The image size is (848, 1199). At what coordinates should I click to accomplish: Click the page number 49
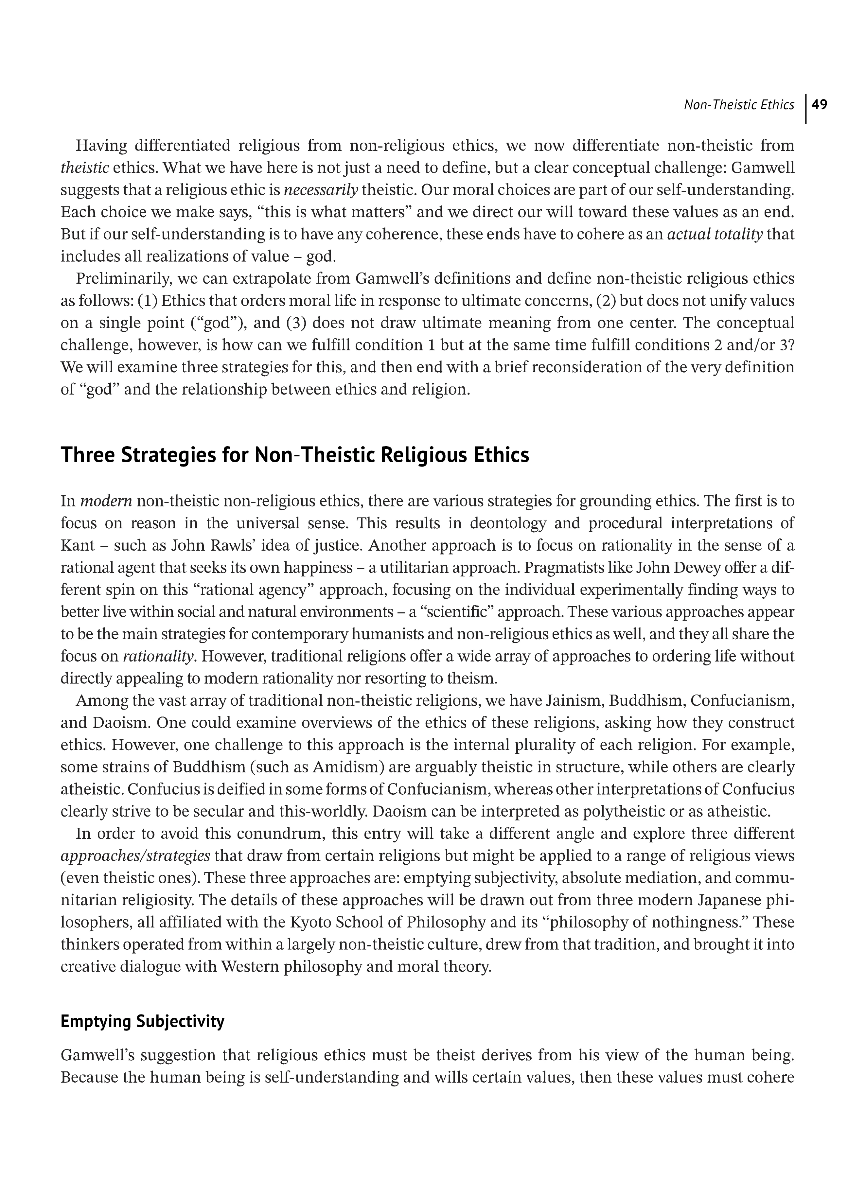point(820,105)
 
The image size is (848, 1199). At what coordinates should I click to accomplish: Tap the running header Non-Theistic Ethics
point(739,105)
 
